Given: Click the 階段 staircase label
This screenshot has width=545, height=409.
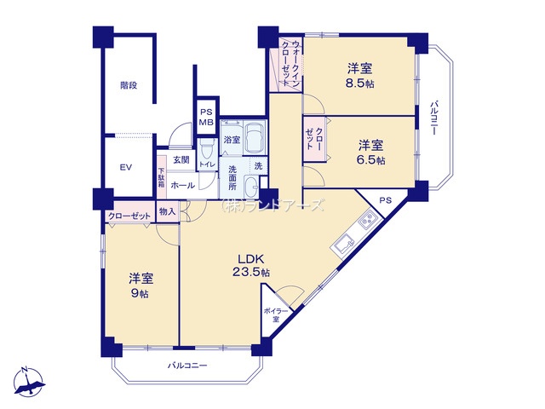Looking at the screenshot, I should pyautogui.click(x=129, y=85).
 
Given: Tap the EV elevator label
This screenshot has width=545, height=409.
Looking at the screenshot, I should pyautogui.click(x=124, y=167).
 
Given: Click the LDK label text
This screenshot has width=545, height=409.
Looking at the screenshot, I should pyautogui.click(x=250, y=259).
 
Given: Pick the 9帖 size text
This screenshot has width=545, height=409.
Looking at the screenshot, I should pyautogui.click(x=141, y=292).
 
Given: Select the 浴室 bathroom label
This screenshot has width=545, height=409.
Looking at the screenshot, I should pyautogui.click(x=231, y=139).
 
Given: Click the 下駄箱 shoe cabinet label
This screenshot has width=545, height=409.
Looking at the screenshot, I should pyautogui.click(x=160, y=177).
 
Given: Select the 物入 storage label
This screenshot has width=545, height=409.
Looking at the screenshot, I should pyautogui.click(x=167, y=211).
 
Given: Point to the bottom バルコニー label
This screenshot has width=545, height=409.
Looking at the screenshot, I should pyautogui.click(x=186, y=366).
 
